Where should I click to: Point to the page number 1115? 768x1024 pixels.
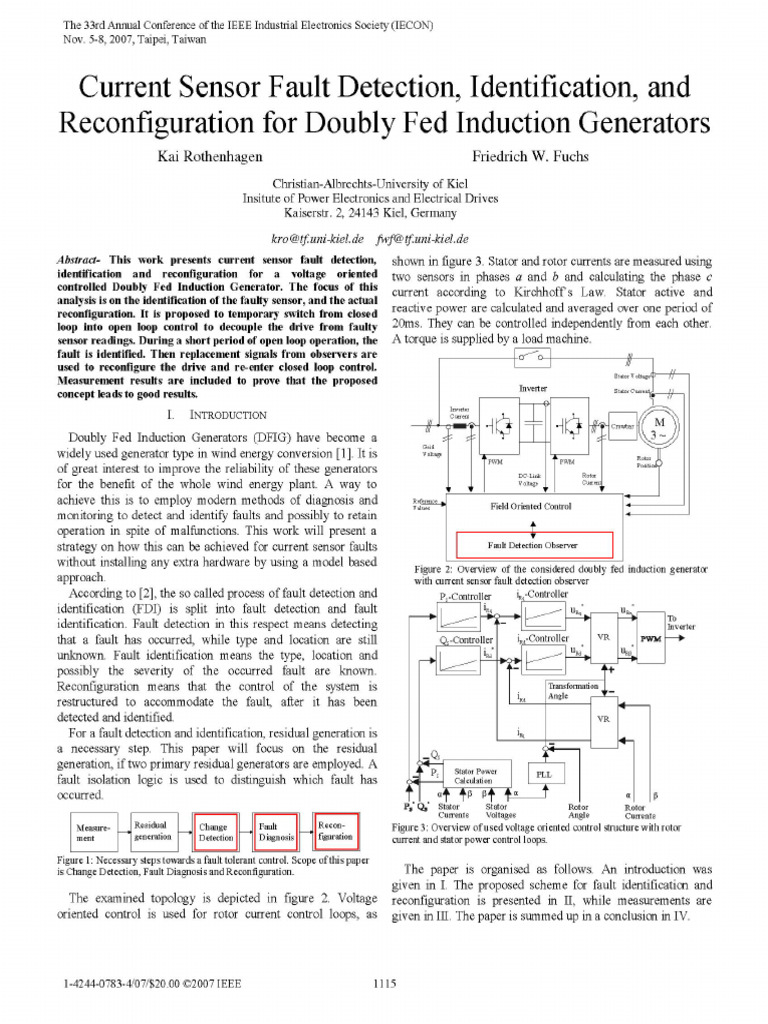[x=386, y=985]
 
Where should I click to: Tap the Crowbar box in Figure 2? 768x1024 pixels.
[x=623, y=426]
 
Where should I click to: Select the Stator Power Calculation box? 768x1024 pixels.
[x=477, y=776]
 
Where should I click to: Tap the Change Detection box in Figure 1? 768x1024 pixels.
[x=215, y=832]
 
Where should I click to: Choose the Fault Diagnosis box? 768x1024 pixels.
[x=275, y=832]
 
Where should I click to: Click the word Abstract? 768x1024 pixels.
[x=81, y=260]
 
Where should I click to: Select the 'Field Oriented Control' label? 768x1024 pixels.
[x=531, y=507]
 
